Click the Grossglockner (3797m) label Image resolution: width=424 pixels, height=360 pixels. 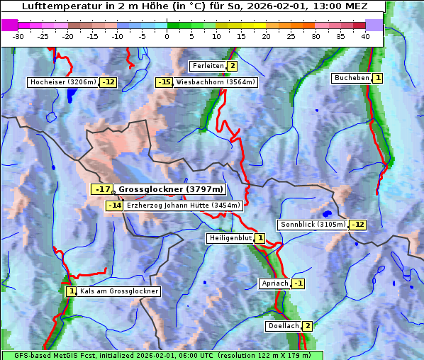171,189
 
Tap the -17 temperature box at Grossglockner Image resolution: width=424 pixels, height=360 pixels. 103,189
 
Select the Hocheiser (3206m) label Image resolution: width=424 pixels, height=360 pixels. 62,82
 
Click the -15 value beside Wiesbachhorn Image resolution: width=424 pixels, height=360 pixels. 164,82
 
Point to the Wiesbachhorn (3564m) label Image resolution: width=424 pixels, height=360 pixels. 216,82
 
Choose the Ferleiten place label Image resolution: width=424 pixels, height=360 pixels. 208,66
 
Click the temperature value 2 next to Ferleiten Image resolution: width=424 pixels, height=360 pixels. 232,66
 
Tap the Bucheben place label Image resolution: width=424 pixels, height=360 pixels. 352,77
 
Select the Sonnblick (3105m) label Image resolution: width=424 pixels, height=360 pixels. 313,225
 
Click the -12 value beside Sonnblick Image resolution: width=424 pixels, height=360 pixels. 357,225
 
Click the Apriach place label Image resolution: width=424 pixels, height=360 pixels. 275,283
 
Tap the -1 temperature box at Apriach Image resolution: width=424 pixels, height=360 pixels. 299,283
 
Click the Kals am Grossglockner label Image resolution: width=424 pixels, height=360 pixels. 118,291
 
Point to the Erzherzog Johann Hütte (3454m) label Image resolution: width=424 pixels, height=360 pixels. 184,206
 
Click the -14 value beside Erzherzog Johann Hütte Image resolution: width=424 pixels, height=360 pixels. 114,206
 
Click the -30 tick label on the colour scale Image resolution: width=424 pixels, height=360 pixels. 18,36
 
